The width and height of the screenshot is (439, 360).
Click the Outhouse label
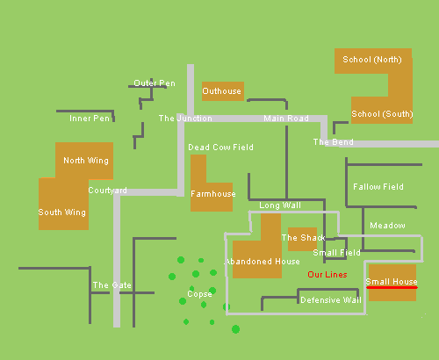point(221,91)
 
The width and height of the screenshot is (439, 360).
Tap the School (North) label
point(372,60)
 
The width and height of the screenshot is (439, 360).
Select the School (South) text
point(382,114)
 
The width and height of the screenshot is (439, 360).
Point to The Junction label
point(185,119)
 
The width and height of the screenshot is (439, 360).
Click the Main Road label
point(286,119)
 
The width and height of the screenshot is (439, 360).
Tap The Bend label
point(333,142)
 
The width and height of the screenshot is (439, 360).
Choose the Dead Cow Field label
point(220,148)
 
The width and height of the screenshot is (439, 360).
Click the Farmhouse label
point(213,194)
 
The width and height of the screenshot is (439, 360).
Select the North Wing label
point(86,161)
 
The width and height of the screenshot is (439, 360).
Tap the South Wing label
point(62,212)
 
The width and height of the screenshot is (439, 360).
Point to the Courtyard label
point(107,191)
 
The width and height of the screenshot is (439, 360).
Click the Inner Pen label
point(90,119)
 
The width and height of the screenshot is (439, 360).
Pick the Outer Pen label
point(155,83)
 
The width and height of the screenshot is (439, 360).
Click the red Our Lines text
point(327,275)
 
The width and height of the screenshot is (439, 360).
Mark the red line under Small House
point(392,288)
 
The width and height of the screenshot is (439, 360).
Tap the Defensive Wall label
point(331,300)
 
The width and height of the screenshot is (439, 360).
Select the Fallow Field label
point(378,187)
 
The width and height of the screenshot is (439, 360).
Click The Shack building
point(302,239)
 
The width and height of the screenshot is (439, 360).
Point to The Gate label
point(112,285)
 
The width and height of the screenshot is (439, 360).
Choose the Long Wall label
point(280,205)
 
